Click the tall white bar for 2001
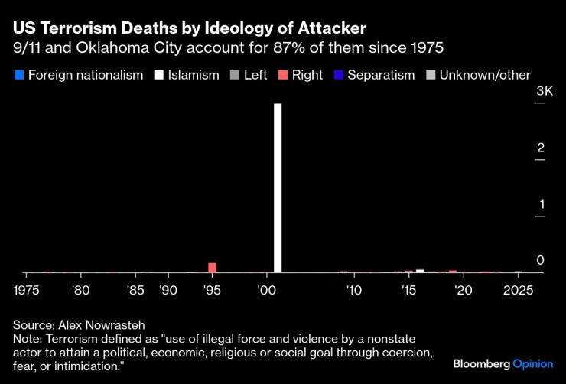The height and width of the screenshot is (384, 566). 278,187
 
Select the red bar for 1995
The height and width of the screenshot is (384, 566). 212,268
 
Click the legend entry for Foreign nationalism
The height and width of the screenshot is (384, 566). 79,75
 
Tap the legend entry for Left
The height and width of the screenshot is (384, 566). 255,75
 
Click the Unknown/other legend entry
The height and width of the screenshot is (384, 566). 480,75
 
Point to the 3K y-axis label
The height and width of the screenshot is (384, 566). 544,91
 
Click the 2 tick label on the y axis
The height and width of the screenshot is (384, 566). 540,148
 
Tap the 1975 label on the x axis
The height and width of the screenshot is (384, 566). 27,291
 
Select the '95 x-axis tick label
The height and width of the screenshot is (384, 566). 211,291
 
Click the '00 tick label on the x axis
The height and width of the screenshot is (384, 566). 266,291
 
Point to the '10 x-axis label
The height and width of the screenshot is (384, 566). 353,291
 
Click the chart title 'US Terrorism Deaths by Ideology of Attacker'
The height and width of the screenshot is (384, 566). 190,28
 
